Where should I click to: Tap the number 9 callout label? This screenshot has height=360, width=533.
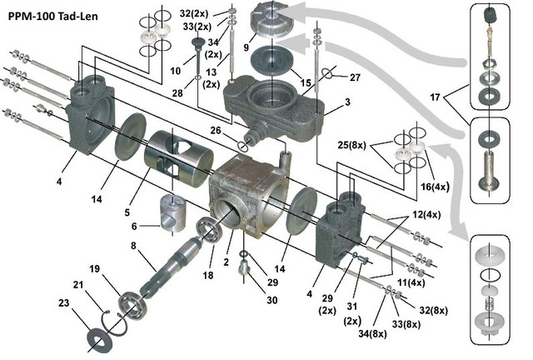point(247,48)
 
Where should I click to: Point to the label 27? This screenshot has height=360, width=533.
point(356,77)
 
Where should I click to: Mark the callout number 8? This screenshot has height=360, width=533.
point(132,245)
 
